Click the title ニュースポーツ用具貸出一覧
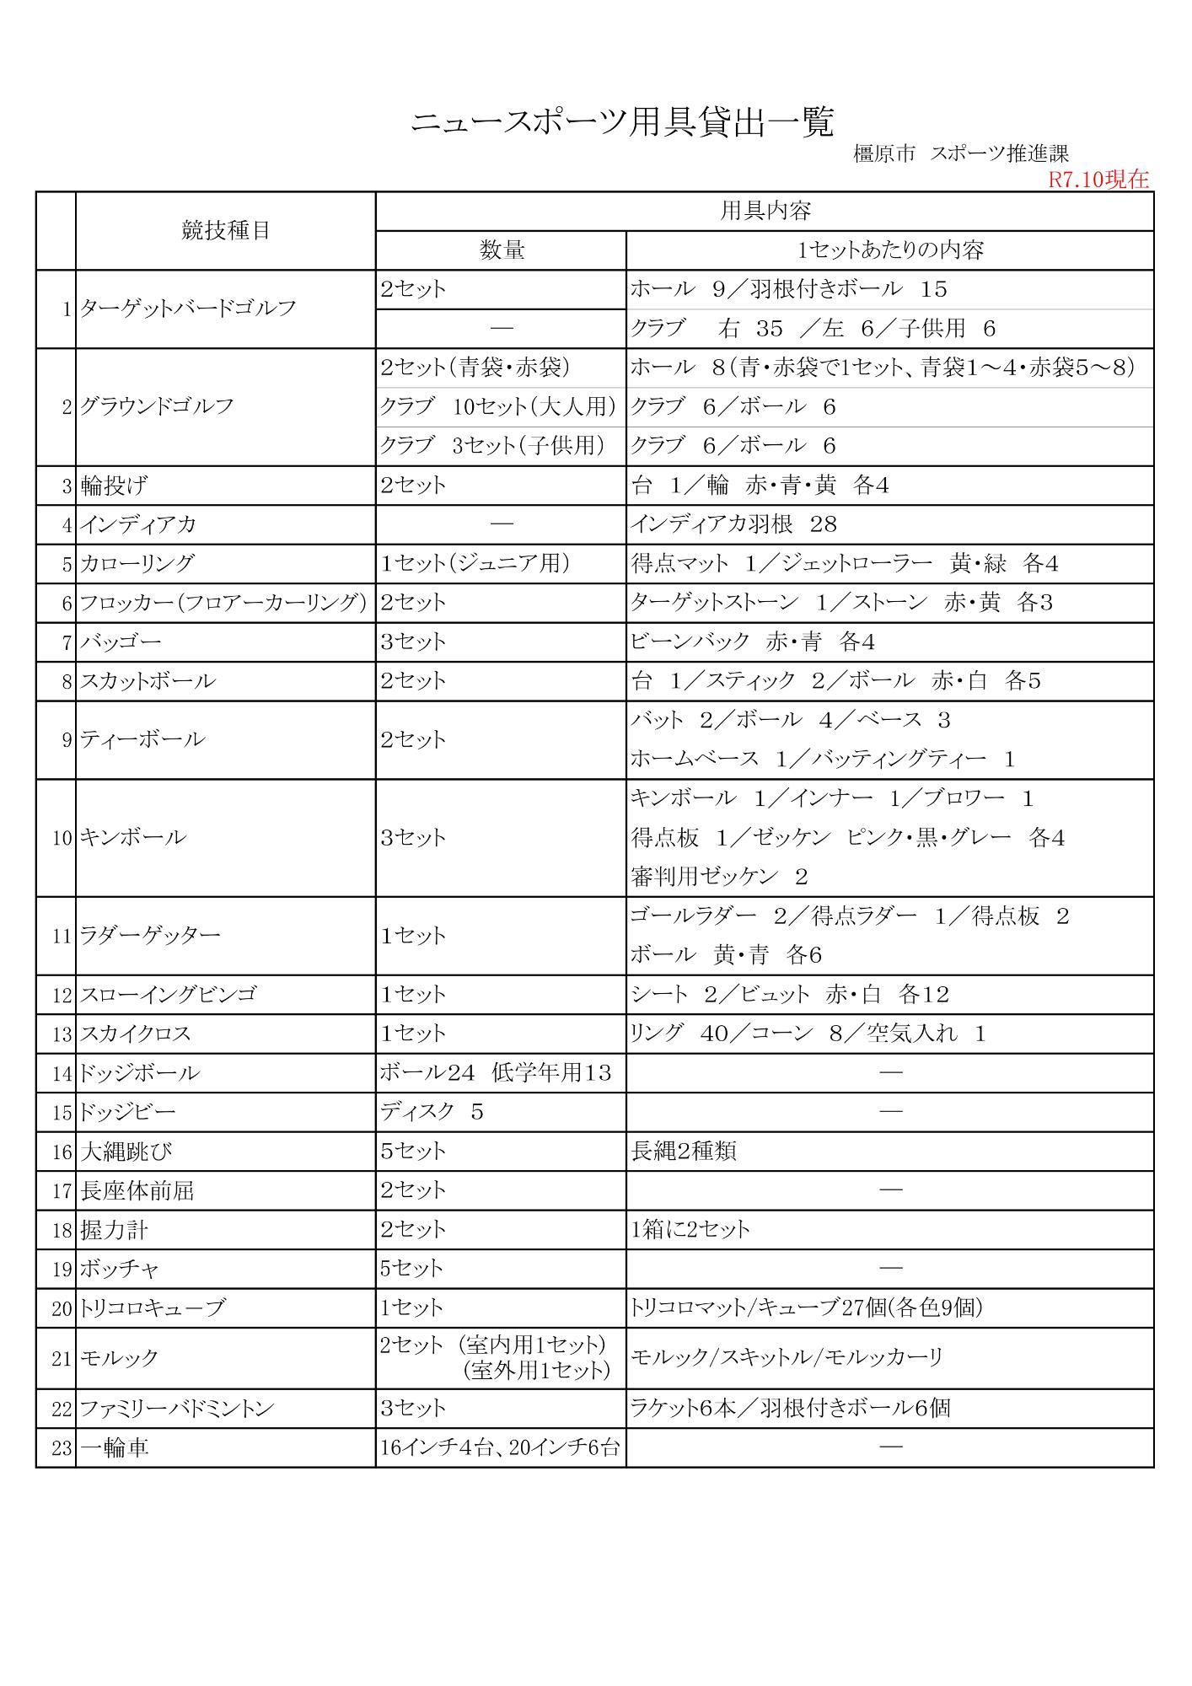point(622,123)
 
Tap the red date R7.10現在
point(1098,180)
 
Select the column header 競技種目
point(226,230)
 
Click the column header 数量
point(502,250)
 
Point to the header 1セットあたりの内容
point(890,250)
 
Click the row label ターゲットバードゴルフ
point(188,309)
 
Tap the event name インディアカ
point(138,524)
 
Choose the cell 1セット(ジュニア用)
point(475,563)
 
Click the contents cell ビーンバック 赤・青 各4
point(753,642)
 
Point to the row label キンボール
point(133,838)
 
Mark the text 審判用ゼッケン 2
point(719,877)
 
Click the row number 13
point(62,1034)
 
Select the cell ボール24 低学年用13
point(496,1072)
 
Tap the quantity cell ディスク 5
point(432,1112)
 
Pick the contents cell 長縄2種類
point(684,1151)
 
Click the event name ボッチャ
point(120,1269)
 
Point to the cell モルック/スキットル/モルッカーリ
point(787,1357)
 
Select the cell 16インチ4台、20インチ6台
point(500,1447)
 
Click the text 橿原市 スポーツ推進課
point(961,154)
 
